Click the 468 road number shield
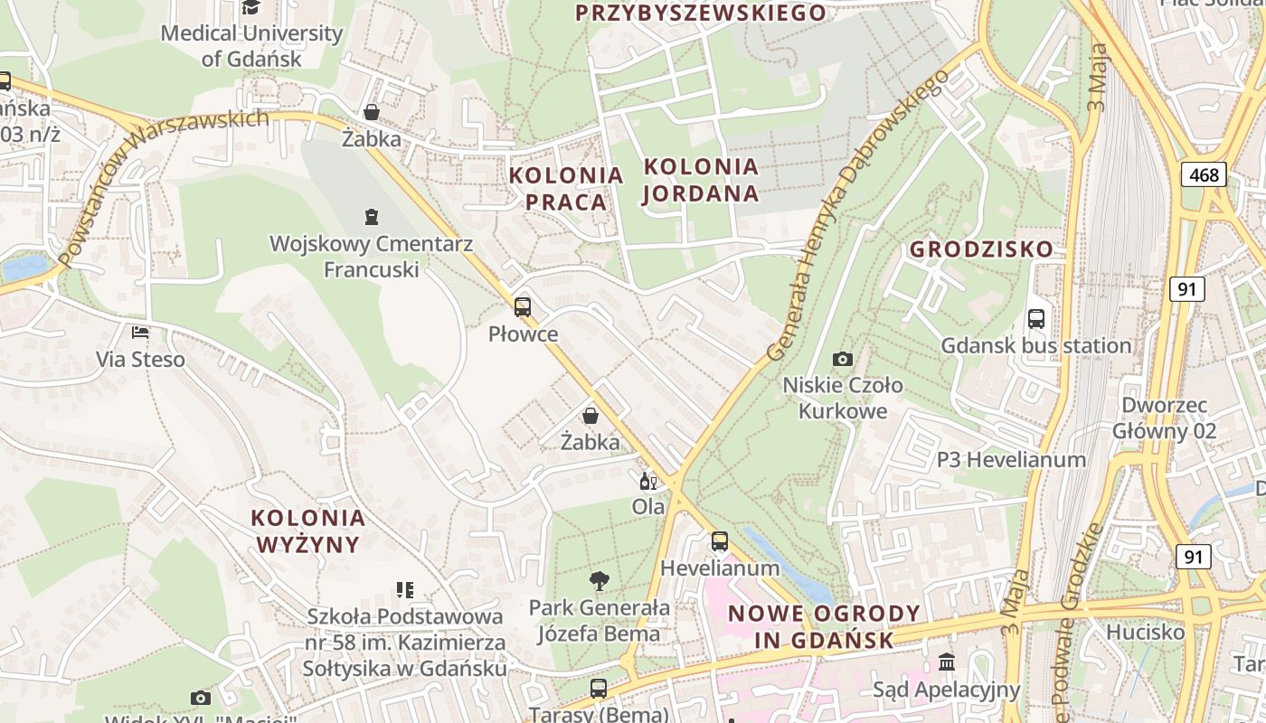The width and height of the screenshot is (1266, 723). pos(1204,174)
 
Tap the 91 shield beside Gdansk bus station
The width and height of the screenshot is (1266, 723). pos(1186,289)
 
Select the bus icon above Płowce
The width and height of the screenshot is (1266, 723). pos(523,307)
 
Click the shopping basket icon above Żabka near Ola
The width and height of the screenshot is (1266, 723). pos(590,416)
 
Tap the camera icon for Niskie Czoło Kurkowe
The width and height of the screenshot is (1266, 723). pos(843,359)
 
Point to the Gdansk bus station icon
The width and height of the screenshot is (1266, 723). pos(1036,319)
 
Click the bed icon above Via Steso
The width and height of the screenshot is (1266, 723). pos(140,333)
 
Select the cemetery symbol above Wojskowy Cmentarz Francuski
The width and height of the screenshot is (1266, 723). pos(371,217)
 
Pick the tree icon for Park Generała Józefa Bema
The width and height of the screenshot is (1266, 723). pos(599,580)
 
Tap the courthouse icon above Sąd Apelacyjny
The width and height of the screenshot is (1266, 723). pos(947,662)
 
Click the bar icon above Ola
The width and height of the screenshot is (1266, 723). pos(648,481)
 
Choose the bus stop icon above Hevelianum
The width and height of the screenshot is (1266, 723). pos(719,541)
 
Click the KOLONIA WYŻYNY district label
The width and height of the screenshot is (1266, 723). pos(308,531)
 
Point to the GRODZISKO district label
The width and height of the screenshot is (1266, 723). pos(981,249)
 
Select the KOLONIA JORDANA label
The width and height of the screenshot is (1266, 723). pos(701,180)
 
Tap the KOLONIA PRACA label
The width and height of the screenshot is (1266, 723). pos(566,188)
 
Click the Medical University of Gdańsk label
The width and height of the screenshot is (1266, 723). pos(251,46)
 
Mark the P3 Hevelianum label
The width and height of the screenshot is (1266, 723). pos(1011,460)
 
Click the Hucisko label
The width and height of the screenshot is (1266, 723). pos(1145,632)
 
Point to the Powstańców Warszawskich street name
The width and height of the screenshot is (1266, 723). pos(163,186)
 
